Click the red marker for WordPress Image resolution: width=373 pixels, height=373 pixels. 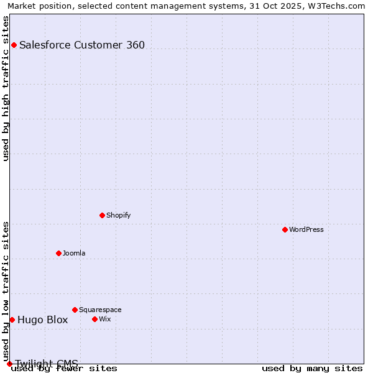click(285, 229)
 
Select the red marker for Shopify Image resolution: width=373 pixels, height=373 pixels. click(102, 215)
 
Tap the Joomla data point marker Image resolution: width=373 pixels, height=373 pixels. click(58, 253)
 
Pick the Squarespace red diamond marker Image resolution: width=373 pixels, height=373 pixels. click(75, 310)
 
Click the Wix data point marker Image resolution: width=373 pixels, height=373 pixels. click(94, 319)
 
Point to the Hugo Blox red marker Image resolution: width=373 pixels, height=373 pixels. click(12, 320)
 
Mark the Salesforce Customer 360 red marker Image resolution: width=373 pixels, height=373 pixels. click(14, 45)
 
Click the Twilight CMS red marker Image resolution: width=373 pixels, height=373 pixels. click(9, 364)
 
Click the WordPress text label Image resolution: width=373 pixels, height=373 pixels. click(306, 229)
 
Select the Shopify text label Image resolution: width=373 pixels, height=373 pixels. click(119, 215)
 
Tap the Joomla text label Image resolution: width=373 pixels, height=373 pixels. click(74, 253)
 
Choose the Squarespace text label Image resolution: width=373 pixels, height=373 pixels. click(100, 310)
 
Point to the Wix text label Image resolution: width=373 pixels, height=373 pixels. click(105, 319)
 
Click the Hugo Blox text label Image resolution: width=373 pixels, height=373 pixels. click(42, 320)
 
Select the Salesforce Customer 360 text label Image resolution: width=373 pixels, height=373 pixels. click(82, 45)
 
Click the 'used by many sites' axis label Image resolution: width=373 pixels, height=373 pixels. click(312, 369)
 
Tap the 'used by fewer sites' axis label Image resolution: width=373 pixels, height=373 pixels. click(64, 369)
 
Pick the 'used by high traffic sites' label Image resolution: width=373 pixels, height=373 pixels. click(6, 88)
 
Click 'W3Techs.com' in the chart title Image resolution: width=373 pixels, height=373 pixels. click(340, 6)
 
